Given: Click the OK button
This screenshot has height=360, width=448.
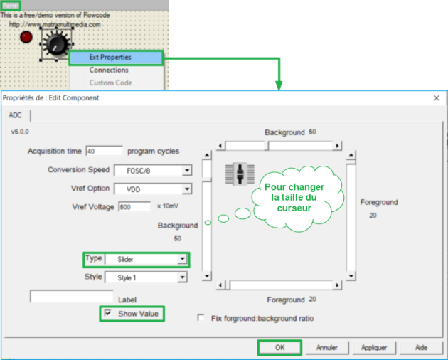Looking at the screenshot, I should tap(279, 348).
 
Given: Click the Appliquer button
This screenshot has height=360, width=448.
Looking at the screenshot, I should tap(373, 348).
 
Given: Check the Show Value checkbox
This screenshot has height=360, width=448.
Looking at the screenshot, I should tap(108, 313).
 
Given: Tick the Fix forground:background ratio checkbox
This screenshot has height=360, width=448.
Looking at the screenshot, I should tap(201, 318).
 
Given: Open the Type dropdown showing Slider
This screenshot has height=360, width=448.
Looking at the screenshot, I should tap(182, 259).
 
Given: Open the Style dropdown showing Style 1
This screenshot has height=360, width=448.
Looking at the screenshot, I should tap(182, 277).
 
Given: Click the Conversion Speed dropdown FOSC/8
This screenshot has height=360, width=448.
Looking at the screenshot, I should tap(186, 170).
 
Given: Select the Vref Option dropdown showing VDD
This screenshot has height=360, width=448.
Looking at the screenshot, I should tap(186, 189).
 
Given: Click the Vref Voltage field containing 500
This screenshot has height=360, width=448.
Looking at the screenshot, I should tap(134, 206).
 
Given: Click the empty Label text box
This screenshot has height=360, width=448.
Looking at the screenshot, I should tap(71, 297).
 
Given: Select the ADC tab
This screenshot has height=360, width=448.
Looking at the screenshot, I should tap(15, 115).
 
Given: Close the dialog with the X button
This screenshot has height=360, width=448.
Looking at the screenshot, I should tap(436, 97).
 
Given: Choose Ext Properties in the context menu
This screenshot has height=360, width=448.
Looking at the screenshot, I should tap(110, 57).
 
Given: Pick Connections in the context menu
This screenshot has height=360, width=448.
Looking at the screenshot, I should tap(109, 70).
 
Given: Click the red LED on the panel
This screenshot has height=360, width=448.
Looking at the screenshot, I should tap(27, 37).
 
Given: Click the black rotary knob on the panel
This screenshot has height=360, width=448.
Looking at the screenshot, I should tap(55, 45).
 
